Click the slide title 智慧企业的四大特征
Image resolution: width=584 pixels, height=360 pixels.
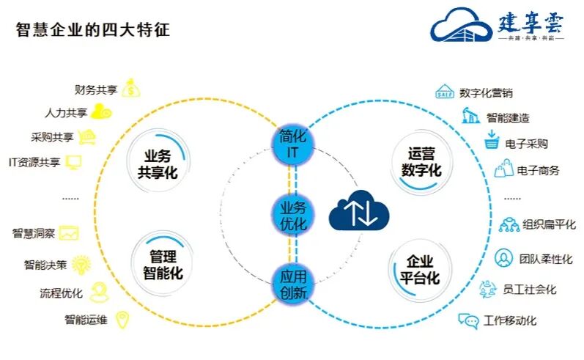(92, 30)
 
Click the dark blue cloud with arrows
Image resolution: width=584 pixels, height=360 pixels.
(358, 210)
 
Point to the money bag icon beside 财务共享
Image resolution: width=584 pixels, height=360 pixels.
(131, 89)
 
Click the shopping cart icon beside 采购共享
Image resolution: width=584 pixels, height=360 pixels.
(87, 137)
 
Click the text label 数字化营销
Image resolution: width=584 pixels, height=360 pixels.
(486, 93)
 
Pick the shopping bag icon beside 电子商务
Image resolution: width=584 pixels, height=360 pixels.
(503, 169)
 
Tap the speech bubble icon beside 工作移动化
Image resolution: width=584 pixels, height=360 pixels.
(468, 320)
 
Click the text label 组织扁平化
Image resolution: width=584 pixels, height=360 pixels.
(550, 224)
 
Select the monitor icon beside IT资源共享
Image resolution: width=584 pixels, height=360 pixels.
(73, 162)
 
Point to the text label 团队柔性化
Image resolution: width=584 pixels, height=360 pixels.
(546, 259)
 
